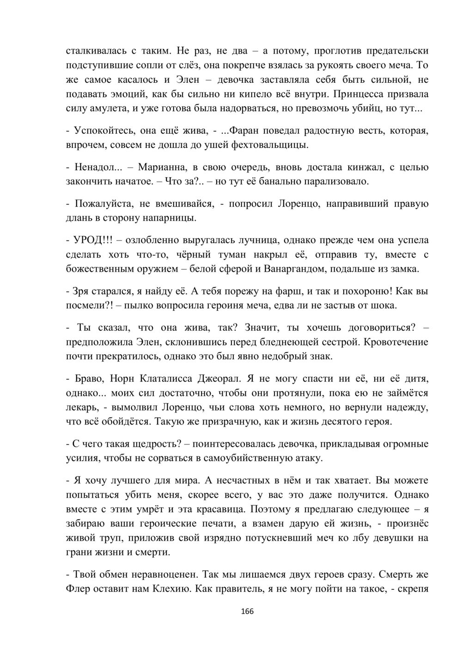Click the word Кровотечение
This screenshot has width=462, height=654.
pos(396,342)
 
